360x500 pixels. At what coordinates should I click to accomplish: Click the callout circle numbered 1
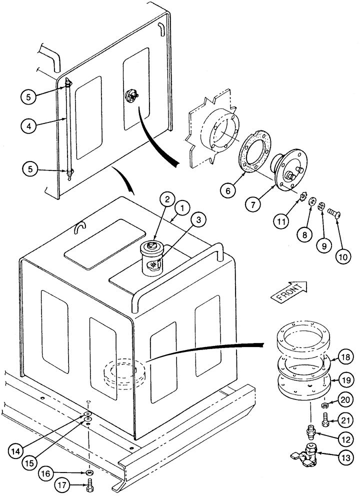[x=183, y=206]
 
